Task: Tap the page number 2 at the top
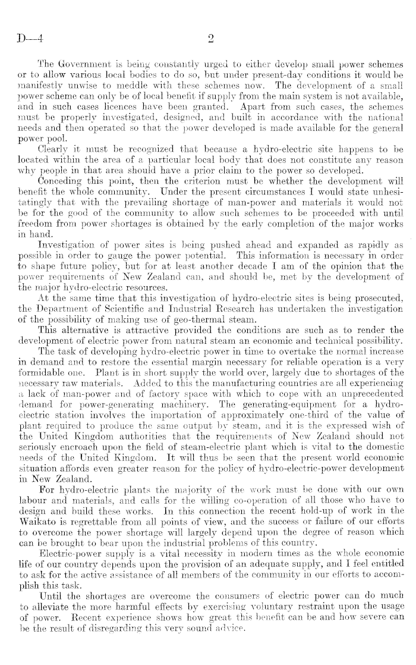pos(210,40)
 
